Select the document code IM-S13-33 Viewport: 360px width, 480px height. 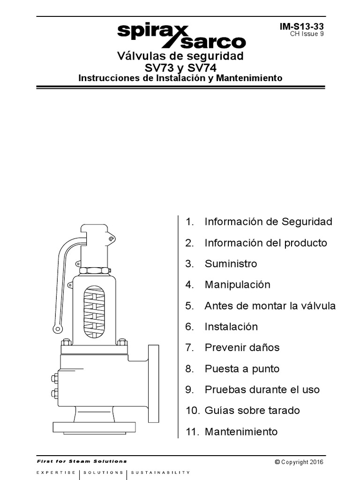[x=301, y=27]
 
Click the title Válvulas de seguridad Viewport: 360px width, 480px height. [x=180, y=56]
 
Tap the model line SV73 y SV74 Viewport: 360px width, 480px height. [x=180, y=67]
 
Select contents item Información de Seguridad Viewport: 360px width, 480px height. [x=268, y=222]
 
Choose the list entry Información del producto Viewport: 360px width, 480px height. [x=266, y=243]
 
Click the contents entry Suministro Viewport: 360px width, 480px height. [x=231, y=264]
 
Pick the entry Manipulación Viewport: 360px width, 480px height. [x=237, y=285]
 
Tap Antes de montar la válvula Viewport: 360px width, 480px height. [x=270, y=306]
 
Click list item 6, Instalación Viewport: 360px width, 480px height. [x=231, y=327]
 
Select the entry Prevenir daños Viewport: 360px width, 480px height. [x=242, y=348]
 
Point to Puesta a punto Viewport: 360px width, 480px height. [x=242, y=369]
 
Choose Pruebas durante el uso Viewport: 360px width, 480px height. [x=262, y=390]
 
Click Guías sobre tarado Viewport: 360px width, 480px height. [x=252, y=411]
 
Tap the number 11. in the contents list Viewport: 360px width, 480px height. [x=193, y=432]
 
